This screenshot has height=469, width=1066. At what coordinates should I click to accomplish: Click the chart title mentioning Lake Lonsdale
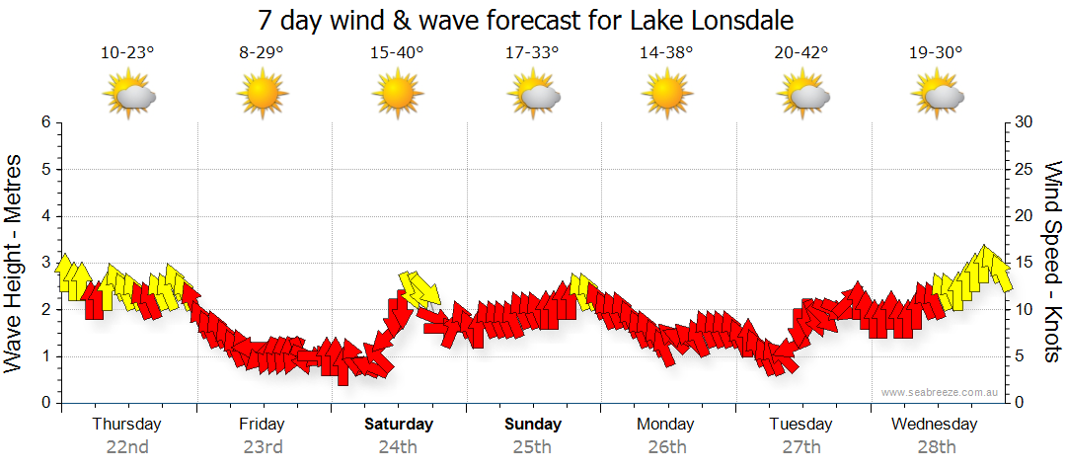click(526, 20)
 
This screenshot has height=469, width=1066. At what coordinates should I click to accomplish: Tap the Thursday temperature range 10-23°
click(127, 52)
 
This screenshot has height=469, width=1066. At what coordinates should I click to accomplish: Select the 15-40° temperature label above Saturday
click(397, 52)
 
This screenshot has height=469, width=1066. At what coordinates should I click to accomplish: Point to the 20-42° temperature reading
click(801, 52)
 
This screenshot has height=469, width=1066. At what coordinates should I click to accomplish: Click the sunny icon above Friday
click(262, 95)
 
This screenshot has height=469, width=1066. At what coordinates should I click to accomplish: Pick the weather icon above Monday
click(666, 95)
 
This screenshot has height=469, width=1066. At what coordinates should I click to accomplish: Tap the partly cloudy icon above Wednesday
click(937, 96)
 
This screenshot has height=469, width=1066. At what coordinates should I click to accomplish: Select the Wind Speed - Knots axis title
click(1052, 262)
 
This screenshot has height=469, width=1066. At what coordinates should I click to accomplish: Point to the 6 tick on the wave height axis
click(45, 122)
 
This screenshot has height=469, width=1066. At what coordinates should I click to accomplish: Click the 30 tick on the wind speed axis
click(1025, 122)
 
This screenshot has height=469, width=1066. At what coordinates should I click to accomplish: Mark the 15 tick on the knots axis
click(1025, 263)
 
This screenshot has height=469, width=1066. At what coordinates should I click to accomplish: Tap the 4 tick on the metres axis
click(45, 216)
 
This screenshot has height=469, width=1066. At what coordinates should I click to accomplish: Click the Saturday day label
click(398, 425)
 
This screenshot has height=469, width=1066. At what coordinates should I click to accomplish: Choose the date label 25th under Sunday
click(533, 447)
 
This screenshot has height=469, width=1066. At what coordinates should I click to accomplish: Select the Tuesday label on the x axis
click(801, 425)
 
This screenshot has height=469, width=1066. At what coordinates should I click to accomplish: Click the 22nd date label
click(127, 447)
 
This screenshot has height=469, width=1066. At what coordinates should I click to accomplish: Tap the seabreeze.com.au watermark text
click(942, 393)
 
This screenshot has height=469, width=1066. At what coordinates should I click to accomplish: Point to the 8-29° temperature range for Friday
click(262, 52)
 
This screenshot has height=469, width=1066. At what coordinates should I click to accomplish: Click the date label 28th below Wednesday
click(937, 447)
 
